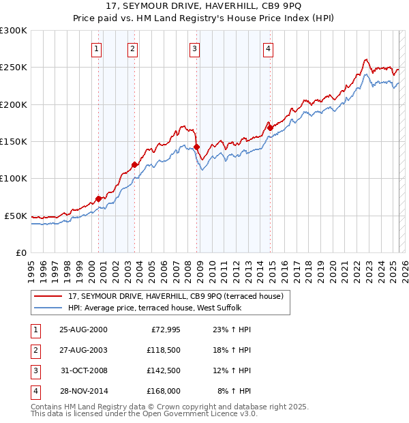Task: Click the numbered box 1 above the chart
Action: point(97,48)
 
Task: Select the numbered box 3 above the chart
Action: point(195,48)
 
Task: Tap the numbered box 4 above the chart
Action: point(269,48)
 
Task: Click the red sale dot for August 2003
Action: point(135,164)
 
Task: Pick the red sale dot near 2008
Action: point(197,147)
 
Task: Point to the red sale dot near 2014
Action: point(271,128)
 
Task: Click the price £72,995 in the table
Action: point(162,330)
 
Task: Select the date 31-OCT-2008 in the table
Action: point(83,370)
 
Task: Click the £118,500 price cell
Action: point(162,350)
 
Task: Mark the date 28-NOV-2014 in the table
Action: point(83,391)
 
